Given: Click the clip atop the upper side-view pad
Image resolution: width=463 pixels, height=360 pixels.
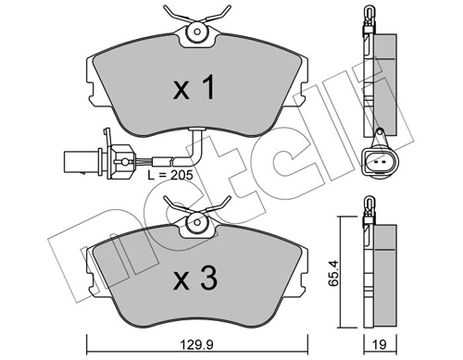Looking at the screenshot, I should pyautogui.click(x=368, y=23).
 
